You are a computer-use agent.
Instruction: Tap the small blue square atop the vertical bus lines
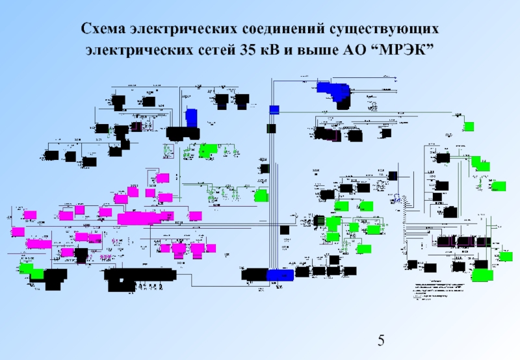click(x=274, y=109)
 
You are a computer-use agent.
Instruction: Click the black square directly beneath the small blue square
click(x=272, y=129)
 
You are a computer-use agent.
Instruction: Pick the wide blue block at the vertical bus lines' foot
click(x=279, y=275)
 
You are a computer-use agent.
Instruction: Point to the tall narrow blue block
click(x=191, y=118)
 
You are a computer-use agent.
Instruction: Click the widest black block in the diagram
click(x=140, y=276)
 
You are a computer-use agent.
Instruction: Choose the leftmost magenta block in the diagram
click(x=18, y=231)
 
